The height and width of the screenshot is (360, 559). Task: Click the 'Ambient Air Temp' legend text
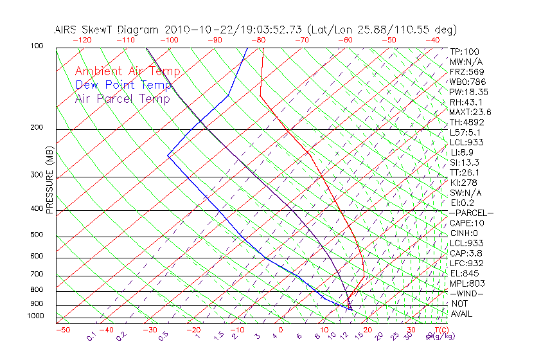click(127, 71)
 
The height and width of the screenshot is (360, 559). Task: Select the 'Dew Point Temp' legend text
click(123, 85)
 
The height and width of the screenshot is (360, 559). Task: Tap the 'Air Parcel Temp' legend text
click(123, 98)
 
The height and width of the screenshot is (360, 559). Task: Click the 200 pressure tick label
click(38, 128)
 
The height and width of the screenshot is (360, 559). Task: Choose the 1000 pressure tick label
click(36, 316)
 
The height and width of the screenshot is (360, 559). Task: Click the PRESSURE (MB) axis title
click(49, 181)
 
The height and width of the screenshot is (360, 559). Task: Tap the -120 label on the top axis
click(82, 39)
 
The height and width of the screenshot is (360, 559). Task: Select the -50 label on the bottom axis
click(62, 330)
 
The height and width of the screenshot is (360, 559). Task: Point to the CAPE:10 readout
click(467, 223)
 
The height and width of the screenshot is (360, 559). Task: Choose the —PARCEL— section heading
click(471, 213)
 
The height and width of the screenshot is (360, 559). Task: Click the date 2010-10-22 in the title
click(192, 30)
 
